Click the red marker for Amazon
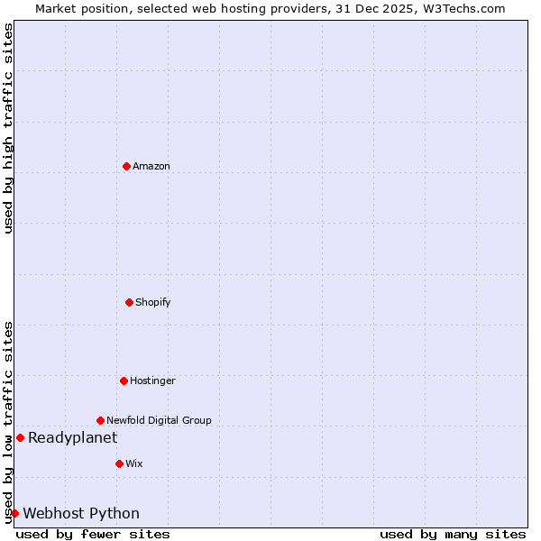126,166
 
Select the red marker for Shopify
129,302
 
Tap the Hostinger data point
124,381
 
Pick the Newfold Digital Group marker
100,420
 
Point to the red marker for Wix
119,463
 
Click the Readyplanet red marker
20,437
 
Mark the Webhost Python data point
14,513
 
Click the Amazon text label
151,166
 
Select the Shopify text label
153,302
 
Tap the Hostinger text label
152,381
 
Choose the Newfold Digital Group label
159,420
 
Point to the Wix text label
133,463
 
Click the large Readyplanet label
72,437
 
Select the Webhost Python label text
81,513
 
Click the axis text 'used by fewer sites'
93,534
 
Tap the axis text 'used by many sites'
453,534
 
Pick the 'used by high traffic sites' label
8,128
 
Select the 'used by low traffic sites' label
8,421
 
